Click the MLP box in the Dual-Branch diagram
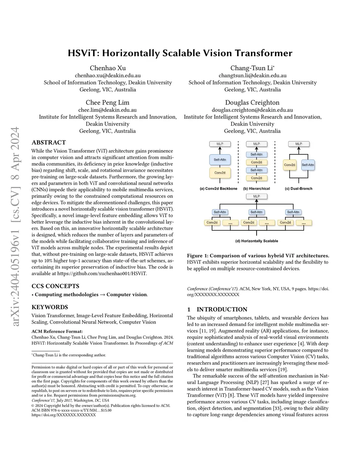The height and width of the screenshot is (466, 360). tap(298, 144)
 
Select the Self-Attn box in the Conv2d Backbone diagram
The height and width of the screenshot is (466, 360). tap(220, 160)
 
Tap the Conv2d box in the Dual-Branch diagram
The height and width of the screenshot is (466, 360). tap(289, 165)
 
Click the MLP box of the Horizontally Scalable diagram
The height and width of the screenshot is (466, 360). tap(256, 196)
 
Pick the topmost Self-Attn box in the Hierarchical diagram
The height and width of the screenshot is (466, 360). tap(256, 154)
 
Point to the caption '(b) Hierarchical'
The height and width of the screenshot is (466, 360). tap(256, 189)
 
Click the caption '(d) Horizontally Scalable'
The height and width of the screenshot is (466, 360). tap(256, 241)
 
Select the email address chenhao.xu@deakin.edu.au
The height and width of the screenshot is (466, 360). tap(108, 75)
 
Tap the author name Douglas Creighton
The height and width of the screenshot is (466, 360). tap(252, 103)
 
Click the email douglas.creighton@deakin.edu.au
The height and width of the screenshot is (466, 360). tap(252, 110)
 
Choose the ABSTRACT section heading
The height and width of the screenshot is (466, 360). tap(49, 142)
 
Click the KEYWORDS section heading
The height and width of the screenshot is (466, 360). tap(50, 307)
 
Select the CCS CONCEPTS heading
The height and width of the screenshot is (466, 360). tap(55, 286)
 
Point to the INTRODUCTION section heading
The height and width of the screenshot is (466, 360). tap(221, 309)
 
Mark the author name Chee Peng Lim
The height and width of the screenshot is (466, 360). tap(108, 103)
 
